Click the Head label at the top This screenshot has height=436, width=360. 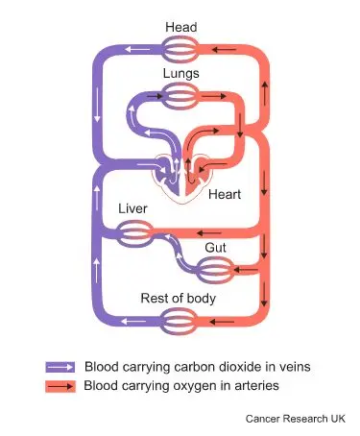(180, 26)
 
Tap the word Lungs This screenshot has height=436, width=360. (180, 73)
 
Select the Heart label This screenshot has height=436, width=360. (225, 194)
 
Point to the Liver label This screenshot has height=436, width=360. (132, 208)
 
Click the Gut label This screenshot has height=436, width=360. (215, 247)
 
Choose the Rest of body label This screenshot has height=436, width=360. (179, 298)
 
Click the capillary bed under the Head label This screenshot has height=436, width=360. (180, 48)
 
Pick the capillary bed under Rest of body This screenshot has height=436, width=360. (179, 321)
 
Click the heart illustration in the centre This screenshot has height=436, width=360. (182, 171)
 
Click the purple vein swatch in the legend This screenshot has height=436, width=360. (60, 367)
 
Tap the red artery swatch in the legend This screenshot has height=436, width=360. (60, 386)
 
